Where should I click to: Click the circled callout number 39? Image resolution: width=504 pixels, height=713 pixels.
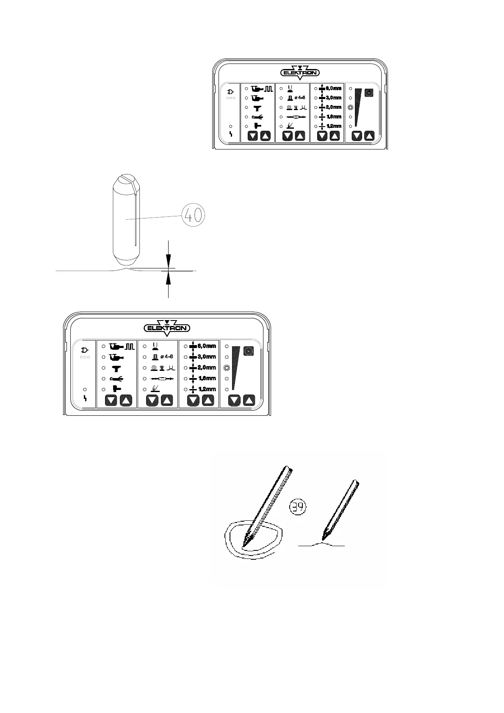[299, 506]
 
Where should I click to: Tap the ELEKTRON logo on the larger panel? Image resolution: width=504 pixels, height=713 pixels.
[167, 328]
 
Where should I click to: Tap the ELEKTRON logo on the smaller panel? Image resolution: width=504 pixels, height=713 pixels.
[300, 72]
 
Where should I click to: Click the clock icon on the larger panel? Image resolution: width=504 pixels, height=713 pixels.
[249, 351]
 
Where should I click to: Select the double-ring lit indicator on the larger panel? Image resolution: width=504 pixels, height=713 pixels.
[227, 368]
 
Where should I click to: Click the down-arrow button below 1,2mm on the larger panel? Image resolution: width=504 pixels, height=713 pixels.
[193, 401]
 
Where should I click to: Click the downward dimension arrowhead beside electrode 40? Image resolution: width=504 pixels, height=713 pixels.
[169, 261]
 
